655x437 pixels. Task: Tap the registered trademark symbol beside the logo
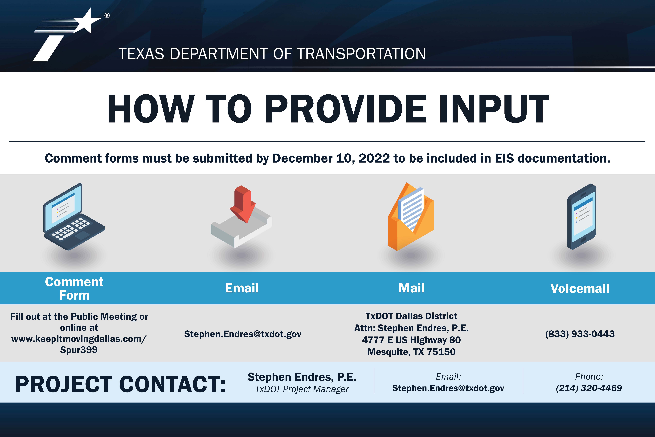pyautogui.click(x=107, y=16)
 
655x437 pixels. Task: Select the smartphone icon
pyautogui.click(x=581, y=217)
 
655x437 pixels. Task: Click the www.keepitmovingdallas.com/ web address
pyautogui.click(x=79, y=339)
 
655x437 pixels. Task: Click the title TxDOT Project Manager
pyautogui.click(x=302, y=389)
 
